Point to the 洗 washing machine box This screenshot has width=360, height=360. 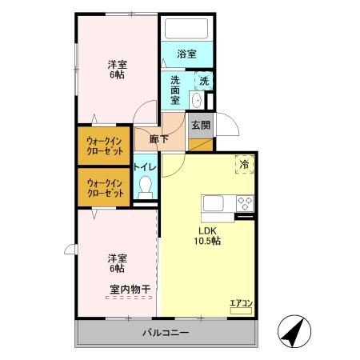(204, 81)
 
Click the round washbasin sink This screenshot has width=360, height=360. (196, 99)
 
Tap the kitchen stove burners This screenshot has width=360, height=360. (243, 202)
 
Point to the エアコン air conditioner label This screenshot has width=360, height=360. (241, 302)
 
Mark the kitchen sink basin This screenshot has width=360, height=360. (216, 202)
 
